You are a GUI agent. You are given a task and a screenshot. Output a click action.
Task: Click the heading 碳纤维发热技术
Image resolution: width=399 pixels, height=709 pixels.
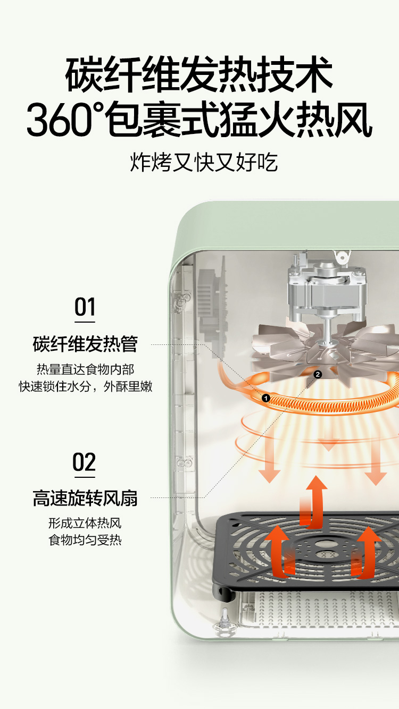[199, 74]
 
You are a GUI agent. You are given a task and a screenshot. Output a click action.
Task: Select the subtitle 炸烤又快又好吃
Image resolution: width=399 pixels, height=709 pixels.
[204, 163]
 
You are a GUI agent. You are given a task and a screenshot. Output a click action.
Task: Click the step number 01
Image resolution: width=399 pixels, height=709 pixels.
[85, 307]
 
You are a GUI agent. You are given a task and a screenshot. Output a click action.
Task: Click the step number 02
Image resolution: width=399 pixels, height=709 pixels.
[84, 462]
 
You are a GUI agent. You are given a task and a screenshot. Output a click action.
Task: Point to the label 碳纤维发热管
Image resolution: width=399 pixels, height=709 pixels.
[85, 344]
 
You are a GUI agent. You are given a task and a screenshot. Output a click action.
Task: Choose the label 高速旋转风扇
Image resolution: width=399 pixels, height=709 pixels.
[85, 498]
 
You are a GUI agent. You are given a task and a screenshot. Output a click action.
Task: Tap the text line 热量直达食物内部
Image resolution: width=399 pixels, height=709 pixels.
[86, 369]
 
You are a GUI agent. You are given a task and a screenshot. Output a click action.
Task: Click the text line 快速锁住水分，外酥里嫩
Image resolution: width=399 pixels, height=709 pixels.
[86, 386]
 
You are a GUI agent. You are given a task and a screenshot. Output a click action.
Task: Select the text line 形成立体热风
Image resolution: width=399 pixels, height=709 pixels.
[85, 523]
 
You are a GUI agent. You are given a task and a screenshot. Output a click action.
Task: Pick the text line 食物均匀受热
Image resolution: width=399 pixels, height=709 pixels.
[85, 540]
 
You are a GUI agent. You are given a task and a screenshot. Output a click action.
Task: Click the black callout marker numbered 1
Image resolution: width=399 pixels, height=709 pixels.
[266, 398]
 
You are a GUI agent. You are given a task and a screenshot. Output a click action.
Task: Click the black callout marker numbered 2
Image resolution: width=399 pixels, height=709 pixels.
[318, 375]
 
